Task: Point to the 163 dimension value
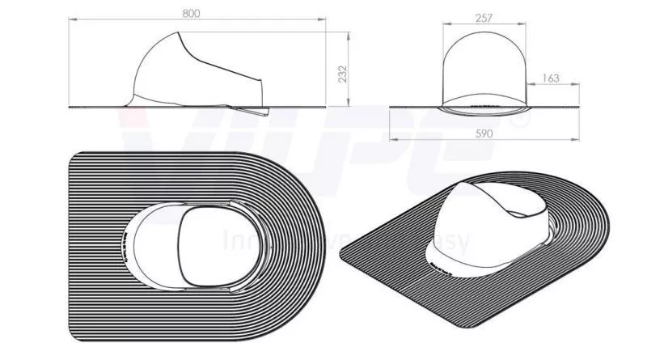click(550, 78)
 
